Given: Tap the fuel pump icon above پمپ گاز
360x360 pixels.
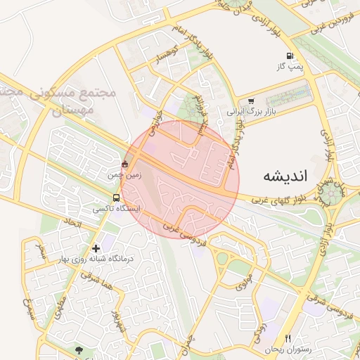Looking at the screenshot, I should [x=288, y=56].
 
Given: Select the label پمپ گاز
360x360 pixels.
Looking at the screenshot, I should [x=288, y=67].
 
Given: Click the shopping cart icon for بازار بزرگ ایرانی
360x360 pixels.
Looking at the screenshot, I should [x=251, y=101].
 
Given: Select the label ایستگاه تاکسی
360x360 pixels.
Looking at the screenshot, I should [x=117, y=209].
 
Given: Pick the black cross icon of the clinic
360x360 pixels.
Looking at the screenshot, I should [x=96, y=248].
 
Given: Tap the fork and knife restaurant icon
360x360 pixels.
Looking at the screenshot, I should [x=287, y=338].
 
